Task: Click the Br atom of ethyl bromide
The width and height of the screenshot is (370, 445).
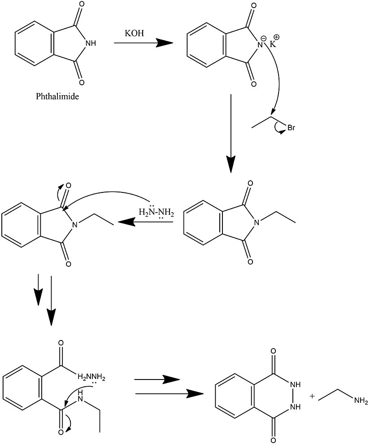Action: [x=291, y=128]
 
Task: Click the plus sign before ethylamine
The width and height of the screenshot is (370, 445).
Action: [x=313, y=396]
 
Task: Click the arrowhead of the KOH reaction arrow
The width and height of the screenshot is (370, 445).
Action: [x=165, y=43]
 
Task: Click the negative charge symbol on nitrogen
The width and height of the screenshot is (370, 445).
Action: [x=264, y=38]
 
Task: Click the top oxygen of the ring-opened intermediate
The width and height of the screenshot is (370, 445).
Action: [x=61, y=344]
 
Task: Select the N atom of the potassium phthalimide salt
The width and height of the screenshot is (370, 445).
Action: [x=260, y=44]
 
